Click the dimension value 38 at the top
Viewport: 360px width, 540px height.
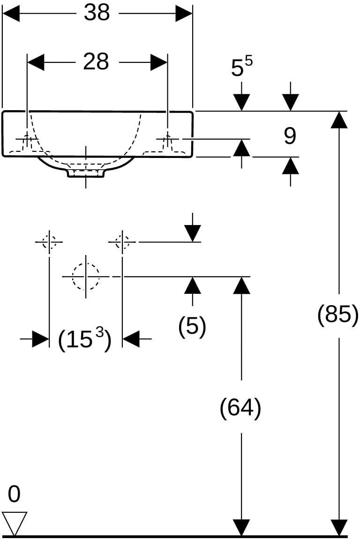[x=97, y=13]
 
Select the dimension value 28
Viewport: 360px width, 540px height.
[x=96, y=62]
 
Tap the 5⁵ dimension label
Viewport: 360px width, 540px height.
[x=241, y=66]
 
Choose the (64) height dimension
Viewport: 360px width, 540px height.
[x=240, y=408]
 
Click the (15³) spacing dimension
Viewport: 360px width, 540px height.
[x=85, y=340]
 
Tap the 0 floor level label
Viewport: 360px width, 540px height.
[x=14, y=494]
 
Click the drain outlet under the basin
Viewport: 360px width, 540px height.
[x=86, y=173]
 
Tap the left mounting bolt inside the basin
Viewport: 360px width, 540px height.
[x=27, y=141]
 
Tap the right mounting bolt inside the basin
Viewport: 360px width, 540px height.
[x=168, y=141]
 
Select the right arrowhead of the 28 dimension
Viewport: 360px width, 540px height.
[x=159, y=62]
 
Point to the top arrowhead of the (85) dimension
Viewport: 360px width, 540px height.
[x=339, y=120]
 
